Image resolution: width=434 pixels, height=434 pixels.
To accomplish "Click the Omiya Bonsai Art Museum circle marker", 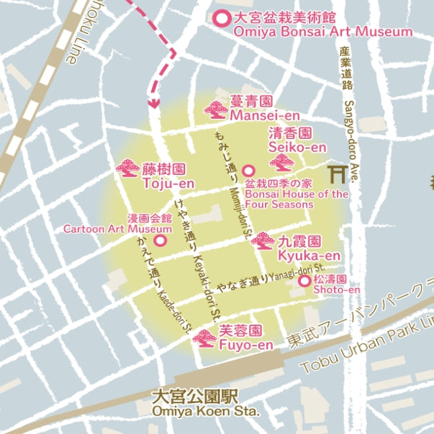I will click(223, 18).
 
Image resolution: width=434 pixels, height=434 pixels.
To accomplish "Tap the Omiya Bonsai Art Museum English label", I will click(323, 32).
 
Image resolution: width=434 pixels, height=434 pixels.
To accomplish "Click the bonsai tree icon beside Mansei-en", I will click(216, 109).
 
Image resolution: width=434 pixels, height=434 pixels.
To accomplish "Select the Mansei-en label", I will click(264, 114).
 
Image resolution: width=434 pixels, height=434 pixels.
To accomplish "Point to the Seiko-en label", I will click(297, 147).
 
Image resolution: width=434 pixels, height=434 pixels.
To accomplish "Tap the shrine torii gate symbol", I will click(337, 173).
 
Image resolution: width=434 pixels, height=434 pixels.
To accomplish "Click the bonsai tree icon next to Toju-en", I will click(128, 171).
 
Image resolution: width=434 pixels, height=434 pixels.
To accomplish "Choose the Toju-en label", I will click(168, 183).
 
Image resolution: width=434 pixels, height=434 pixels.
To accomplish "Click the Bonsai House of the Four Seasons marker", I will click(248, 171).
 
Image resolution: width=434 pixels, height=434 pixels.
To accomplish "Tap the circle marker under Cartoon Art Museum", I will click(160, 240).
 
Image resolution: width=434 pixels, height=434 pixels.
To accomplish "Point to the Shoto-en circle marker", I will click(304, 281).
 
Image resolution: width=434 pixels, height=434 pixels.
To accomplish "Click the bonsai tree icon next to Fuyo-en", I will click(205, 338).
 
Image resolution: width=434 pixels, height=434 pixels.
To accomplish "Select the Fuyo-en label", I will click(245, 345).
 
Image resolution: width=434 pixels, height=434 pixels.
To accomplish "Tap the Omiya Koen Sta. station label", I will click(205, 412).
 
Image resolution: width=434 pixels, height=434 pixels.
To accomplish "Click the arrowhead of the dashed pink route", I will click(153, 102).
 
